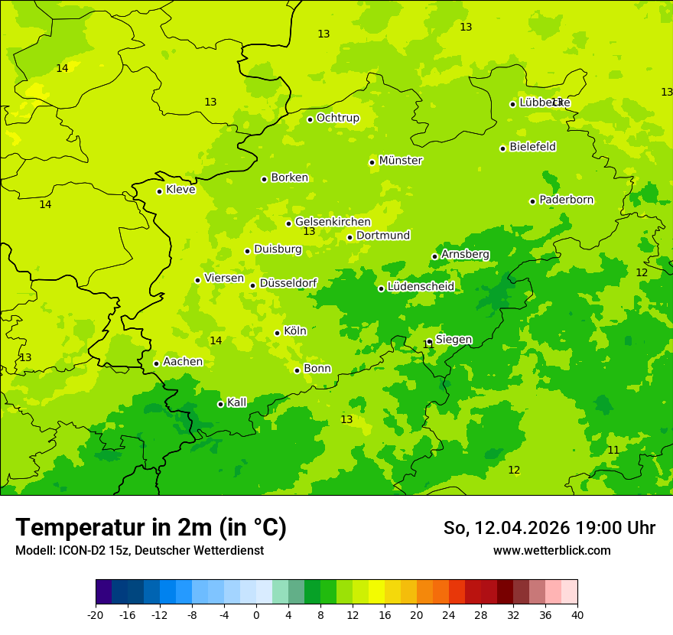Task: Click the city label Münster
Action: coord(400,161)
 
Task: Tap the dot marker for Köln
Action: coord(277,333)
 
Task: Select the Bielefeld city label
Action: coord(532,147)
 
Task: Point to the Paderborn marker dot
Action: coord(532,201)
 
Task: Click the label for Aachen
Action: coord(183,362)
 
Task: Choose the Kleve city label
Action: coord(180,190)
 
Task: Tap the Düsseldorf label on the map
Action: coord(288,283)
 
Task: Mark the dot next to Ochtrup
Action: coord(310,119)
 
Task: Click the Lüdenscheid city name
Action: coord(421,287)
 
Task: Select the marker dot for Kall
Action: coord(220,404)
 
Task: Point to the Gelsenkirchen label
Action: coord(333,222)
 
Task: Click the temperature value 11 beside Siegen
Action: coord(428,345)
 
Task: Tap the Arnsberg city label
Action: coord(465,254)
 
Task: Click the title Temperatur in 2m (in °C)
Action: coord(151,528)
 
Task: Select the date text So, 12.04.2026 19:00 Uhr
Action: coord(549,528)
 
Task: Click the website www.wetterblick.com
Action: coord(551,551)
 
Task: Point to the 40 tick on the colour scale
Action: coord(577,615)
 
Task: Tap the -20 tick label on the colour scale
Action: coord(96,615)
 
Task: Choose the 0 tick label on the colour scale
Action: coord(256,615)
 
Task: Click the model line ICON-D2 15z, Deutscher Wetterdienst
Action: coord(139,551)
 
